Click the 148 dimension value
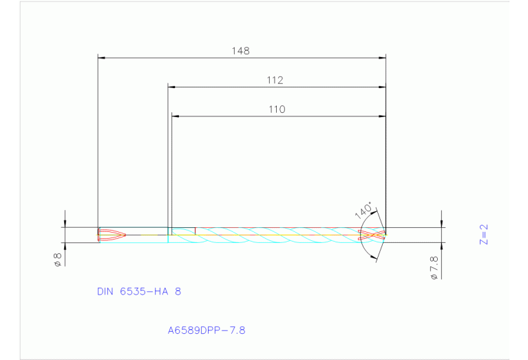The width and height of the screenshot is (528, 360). click(x=240, y=51)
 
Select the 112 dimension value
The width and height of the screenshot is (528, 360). click(x=275, y=81)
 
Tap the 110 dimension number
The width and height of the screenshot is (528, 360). click(x=277, y=109)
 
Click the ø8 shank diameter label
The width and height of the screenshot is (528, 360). click(x=58, y=260)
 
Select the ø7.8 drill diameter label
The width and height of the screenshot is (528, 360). click(x=434, y=266)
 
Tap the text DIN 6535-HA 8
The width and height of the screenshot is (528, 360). click(x=139, y=291)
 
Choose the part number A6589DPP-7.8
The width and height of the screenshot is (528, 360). click(x=207, y=330)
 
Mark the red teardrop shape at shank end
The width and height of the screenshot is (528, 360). click(x=112, y=235)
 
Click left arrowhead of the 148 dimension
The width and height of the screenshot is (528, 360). click(x=101, y=57)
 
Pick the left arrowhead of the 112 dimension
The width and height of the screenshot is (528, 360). click(x=172, y=87)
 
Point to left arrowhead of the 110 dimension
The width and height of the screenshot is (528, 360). click(x=175, y=116)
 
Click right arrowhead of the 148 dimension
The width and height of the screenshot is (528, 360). click(x=382, y=57)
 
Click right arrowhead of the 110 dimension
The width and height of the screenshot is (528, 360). click(x=382, y=116)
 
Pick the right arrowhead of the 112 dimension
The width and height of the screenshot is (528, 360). click(x=382, y=87)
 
